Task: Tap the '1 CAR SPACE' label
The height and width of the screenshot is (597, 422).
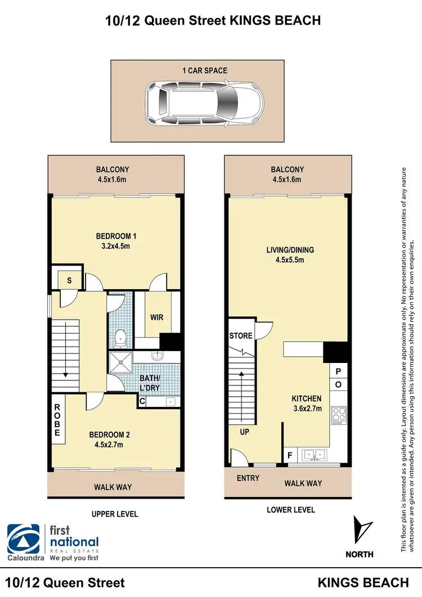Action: pos(204,71)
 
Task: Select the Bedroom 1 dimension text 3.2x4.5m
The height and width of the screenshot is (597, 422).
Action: pos(116,246)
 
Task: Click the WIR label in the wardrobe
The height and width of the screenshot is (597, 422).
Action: pos(156,318)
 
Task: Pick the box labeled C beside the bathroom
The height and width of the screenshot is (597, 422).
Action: pos(143,401)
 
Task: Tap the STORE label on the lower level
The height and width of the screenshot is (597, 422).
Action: pos(241,336)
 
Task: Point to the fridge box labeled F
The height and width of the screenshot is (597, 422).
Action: pos(290,454)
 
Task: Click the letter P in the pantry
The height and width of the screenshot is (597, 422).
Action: pos(339,372)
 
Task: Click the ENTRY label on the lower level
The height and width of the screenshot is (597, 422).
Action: pos(248,478)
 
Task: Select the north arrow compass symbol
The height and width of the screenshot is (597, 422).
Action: pos(360,529)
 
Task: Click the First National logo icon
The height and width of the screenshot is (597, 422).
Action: pos(24,538)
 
